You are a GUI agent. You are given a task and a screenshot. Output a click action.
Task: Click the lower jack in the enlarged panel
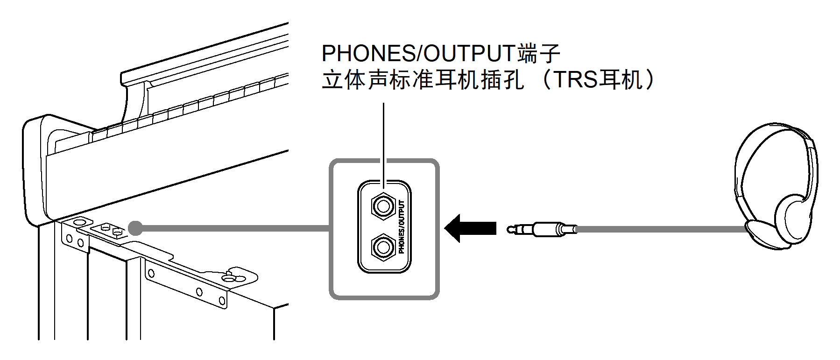coord(383,247)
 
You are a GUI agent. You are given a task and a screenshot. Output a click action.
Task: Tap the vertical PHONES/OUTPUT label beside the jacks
coord(402,227)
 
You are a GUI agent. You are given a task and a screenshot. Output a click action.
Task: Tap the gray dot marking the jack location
coord(135,228)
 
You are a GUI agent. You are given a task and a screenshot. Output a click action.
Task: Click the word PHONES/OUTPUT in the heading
coord(418,54)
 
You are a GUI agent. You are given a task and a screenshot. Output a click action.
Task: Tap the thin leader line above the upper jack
coord(383,140)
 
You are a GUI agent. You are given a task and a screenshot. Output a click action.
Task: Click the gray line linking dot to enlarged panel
coord(233,228)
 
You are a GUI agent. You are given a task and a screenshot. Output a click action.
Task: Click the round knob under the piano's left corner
coord(79,221)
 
